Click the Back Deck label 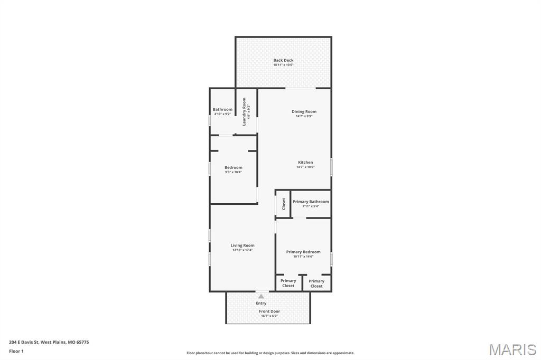tap(283, 60)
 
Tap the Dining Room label tap(304, 111)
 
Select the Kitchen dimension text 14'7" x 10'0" tap(305, 167)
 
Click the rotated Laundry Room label tap(245, 111)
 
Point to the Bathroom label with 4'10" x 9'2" tap(222, 109)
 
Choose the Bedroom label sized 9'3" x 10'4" tap(234, 167)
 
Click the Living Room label tap(242, 245)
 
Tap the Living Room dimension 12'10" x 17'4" tap(242, 250)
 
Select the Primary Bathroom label tap(311, 202)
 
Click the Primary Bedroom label tap(303, 252)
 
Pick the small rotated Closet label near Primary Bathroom tap(284, 204)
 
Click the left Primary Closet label tap(288, 283)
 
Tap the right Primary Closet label tap(316, 283)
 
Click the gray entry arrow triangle tap(261, 297)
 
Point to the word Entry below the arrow tap(261, 303)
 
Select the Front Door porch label tap(269, 311)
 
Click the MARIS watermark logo tap(512, 349)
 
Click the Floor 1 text tap(16, 350)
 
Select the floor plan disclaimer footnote tap(270, 353)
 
